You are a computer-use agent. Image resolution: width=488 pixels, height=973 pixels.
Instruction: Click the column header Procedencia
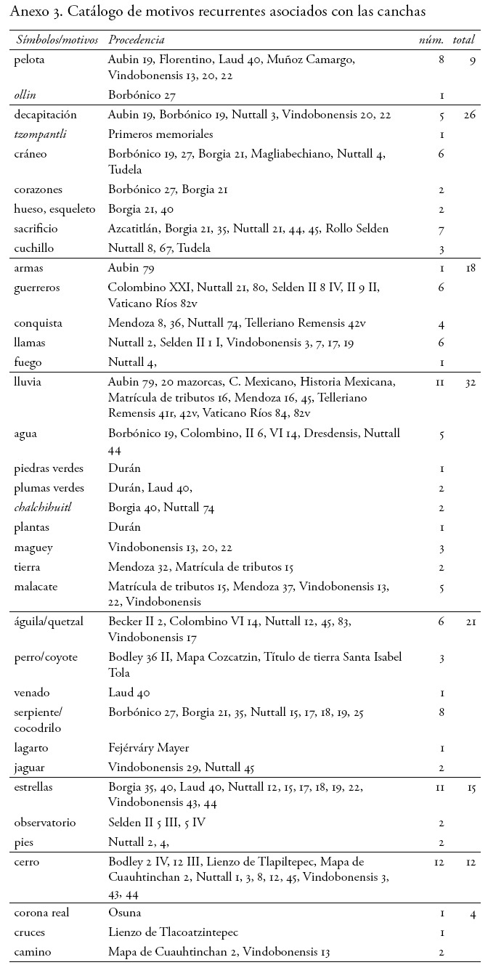click(x=136, y=40)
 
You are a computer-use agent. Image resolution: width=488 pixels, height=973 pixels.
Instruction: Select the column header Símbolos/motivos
click(x=56, y=40)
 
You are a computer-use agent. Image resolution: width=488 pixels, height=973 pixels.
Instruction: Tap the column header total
click(x=463, y=40)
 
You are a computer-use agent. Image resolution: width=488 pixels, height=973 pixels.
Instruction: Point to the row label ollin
click(x=24, y=95)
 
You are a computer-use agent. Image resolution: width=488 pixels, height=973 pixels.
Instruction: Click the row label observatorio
click(x=45, y=823)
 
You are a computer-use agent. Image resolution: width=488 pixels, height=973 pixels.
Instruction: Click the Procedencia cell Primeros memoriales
click(x=160, y=134)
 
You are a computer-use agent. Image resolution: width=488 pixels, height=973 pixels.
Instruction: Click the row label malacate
click(x=36, y=586)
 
